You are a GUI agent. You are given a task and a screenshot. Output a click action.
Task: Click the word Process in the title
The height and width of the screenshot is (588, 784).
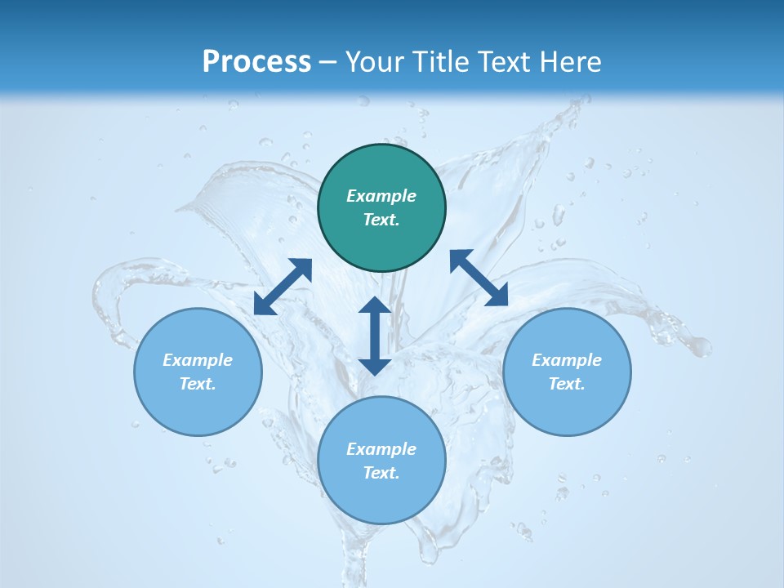point(256,62)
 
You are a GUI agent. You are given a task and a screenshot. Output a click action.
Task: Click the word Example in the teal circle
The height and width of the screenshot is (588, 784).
point(381,196)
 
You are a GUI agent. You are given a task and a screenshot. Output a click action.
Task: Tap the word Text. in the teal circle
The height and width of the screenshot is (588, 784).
point(381,220)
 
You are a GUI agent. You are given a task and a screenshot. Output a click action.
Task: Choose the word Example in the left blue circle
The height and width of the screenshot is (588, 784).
point(198,360)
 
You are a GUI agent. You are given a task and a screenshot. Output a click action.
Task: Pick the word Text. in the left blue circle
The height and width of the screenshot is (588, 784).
point(198,385)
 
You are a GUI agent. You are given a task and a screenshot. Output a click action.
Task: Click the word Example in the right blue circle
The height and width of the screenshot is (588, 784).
point(567,360)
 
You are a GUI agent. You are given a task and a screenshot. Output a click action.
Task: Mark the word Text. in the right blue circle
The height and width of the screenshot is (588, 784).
point(567,385)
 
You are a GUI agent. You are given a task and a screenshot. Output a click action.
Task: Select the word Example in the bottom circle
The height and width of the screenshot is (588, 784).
point(381,449)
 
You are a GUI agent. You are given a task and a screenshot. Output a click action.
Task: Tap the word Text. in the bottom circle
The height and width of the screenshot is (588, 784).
point(381,474)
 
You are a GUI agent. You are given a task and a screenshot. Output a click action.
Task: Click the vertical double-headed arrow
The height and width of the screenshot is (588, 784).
point(375,336)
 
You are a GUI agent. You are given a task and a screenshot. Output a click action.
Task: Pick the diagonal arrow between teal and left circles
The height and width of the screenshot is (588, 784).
point(283,286)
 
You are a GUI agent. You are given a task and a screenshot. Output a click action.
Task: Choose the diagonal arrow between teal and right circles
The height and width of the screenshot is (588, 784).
point(479,278)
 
